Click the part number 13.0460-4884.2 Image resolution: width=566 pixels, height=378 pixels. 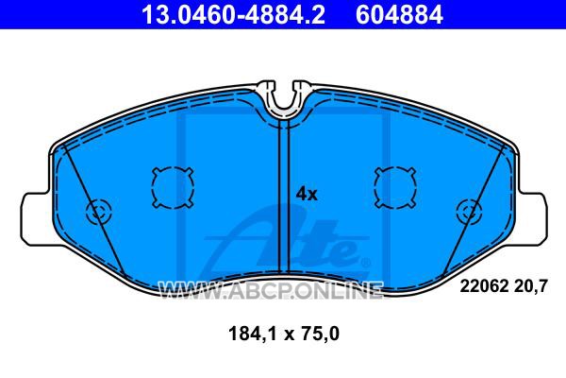(233, 15)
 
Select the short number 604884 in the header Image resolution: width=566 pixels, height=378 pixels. (399, 15)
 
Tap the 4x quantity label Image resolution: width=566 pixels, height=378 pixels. (307, 195)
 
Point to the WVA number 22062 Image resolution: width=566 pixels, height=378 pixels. (483, 286)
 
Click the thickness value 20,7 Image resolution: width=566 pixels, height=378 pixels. (530, 287)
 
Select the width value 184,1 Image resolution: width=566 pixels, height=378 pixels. (252, 334)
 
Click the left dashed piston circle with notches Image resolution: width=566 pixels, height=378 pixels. (173, 188)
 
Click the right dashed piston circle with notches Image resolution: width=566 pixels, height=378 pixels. (395, 188)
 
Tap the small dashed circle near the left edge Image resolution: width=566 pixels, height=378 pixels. (99, 212)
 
